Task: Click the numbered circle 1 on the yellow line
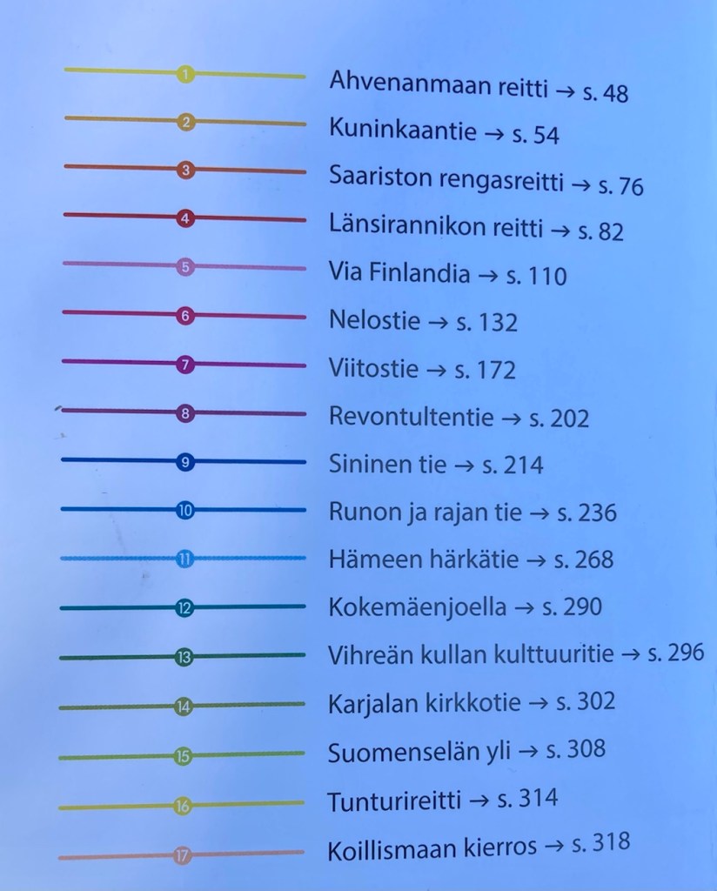click(x=184, y=75)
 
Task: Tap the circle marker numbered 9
click(x=184, y=462)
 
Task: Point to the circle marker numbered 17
click(x=182, y=856)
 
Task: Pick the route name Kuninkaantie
click(x=402, y=131)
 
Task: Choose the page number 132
click(x=499, y=324)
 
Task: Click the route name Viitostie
click(x=373, y=367)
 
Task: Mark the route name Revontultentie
click(x=411, y=417)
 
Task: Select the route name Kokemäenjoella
click(x=417, y=606)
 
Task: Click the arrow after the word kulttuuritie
click(x=629, y=654)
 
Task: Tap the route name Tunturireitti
click(x=393, y=801)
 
